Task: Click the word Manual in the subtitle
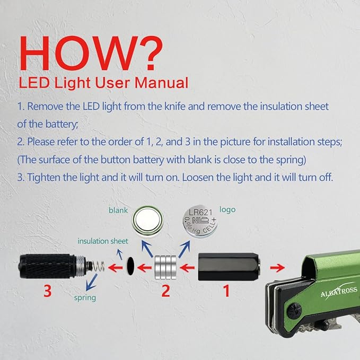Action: (161, 83)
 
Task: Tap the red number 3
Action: (48, 291)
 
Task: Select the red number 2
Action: (166, 291)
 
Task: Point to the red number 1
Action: (226, 291)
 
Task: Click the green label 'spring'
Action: (85, 298)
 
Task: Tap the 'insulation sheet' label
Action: (103, 241)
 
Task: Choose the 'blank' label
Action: (118, 210)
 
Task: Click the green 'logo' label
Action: (227, 210)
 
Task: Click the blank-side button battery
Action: (147, 221)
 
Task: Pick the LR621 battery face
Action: (200, 221)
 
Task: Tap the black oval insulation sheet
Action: (130, 266)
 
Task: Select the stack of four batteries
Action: (165, 267)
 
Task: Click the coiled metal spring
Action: (98, 266)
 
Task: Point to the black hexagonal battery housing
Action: (229, 267)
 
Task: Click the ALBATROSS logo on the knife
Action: (339, 292)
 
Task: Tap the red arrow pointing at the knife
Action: (277, 267)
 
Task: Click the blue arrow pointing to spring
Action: (91, 282)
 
